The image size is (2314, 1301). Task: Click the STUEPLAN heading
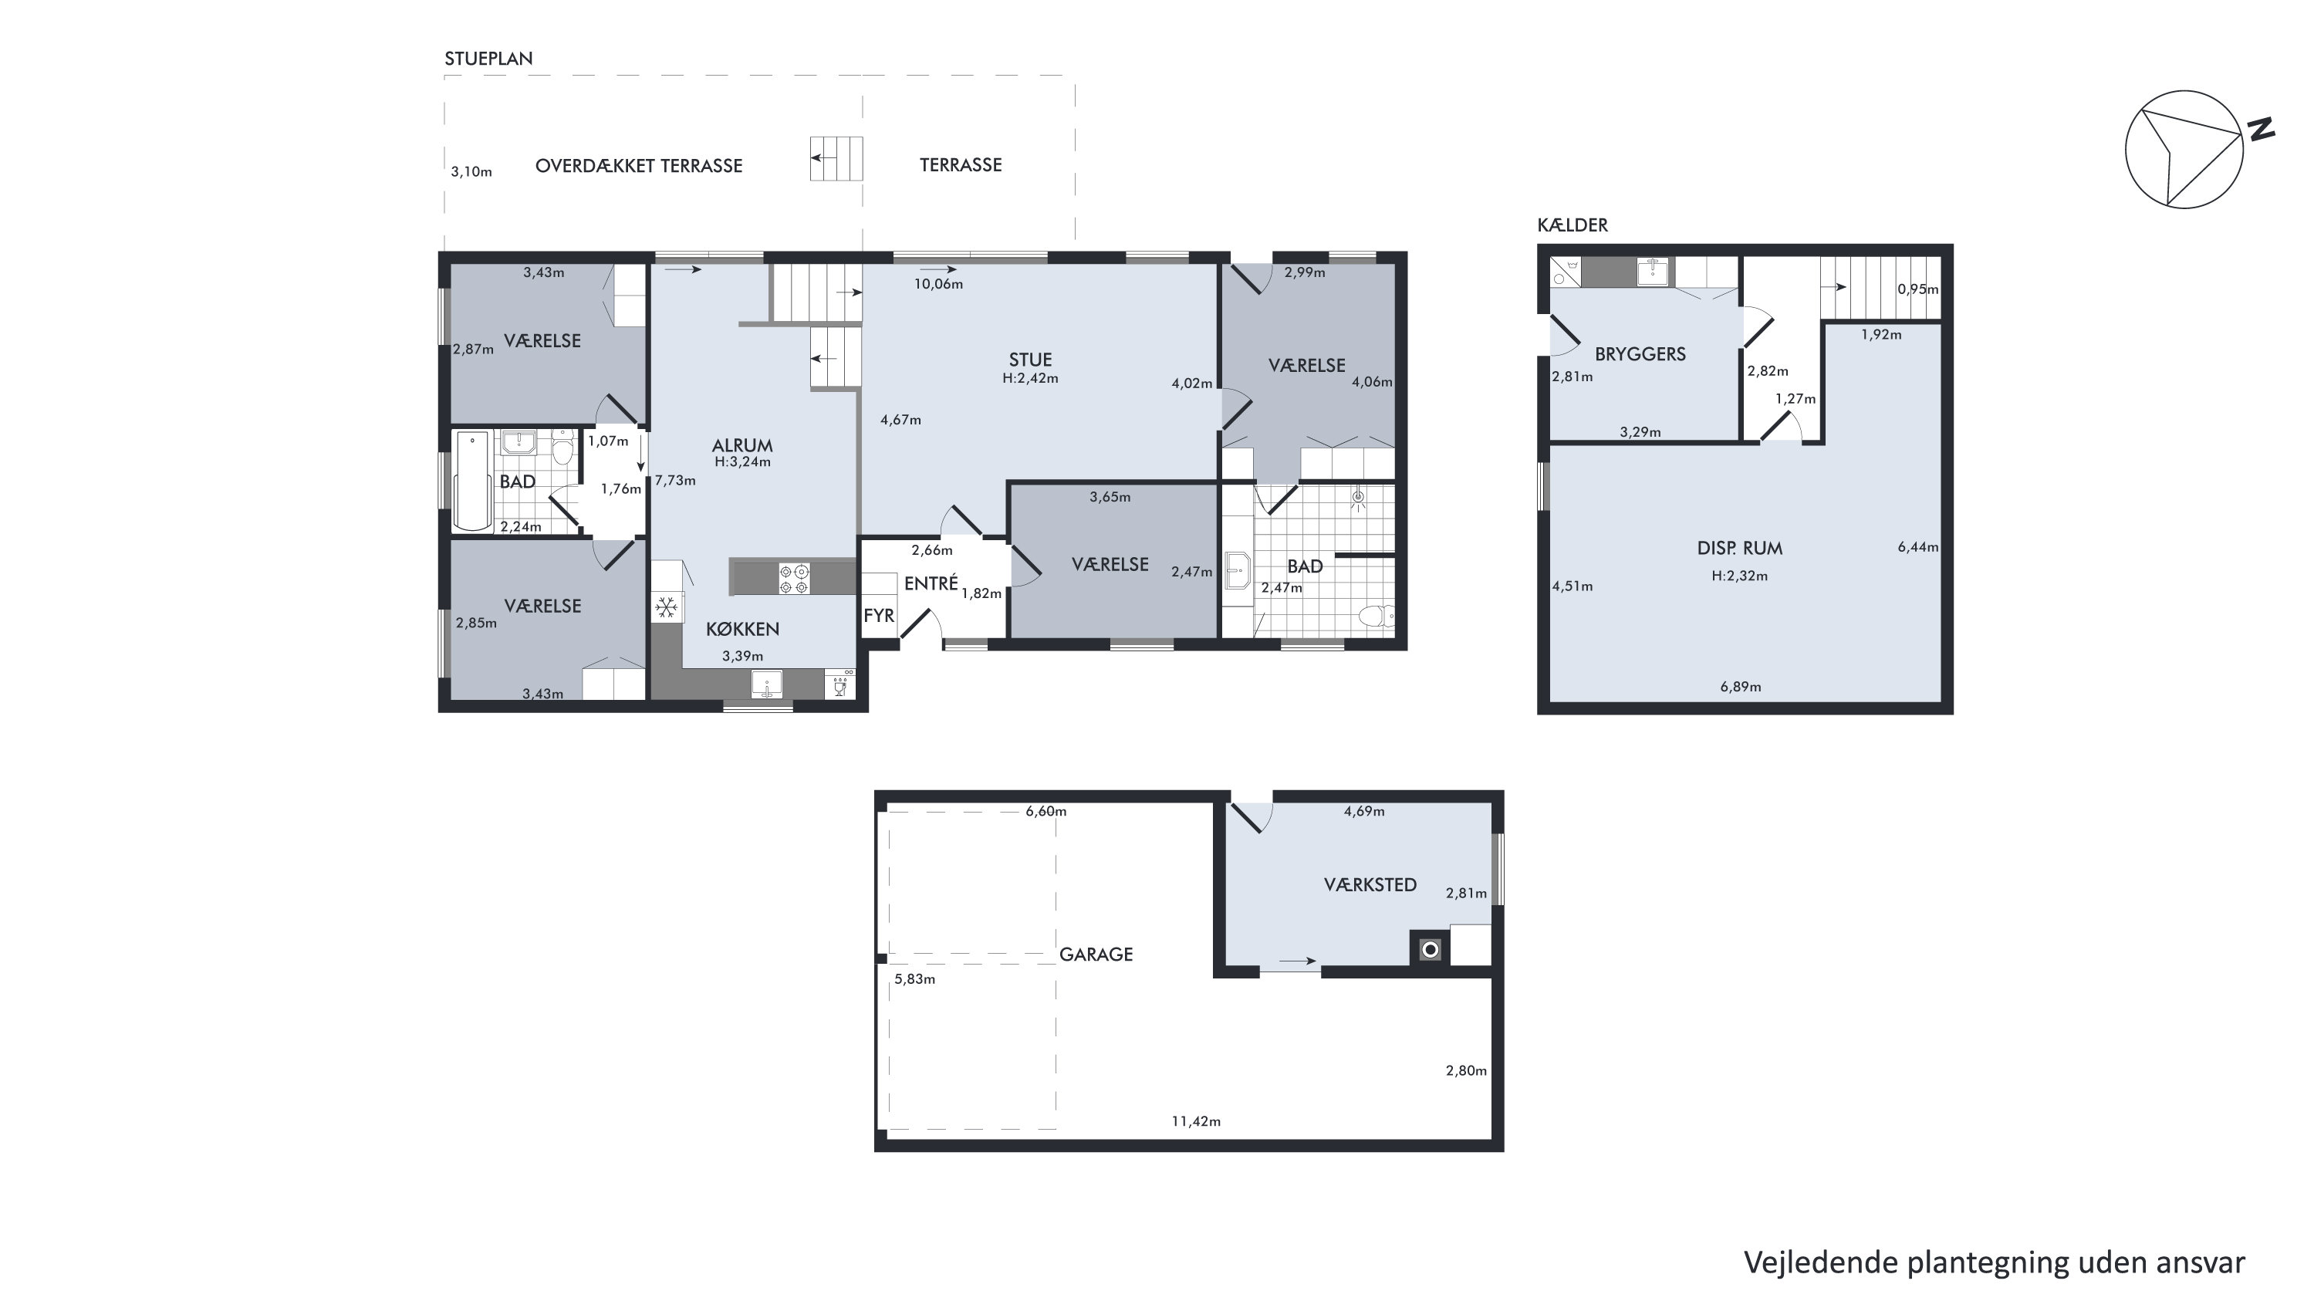(488, 59)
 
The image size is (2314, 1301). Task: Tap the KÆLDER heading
(1572, 225)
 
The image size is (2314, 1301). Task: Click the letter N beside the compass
(2261, 130)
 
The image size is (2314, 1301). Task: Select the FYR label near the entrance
(879, 616)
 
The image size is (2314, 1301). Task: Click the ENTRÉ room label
(931, 583)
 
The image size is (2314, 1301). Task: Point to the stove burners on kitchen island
(794, 578)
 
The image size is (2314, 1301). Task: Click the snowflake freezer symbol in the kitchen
(666, 608)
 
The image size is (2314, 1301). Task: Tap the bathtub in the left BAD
(472, 481)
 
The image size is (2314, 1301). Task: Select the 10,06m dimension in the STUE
(939, 284)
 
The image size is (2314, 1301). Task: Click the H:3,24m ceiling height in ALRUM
(743, 461)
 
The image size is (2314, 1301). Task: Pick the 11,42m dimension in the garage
(1196, 1121)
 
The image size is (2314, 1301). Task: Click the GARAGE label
(1096, 955)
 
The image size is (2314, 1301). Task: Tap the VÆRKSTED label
(1370, 885)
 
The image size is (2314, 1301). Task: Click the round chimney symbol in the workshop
(1430, 950)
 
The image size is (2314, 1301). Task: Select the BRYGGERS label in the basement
(1640, 354)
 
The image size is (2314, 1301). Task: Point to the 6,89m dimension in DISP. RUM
(1741, 688)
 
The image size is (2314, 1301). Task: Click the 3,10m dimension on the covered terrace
(471, 171)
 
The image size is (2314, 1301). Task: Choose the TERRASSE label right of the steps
(961, 165)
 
